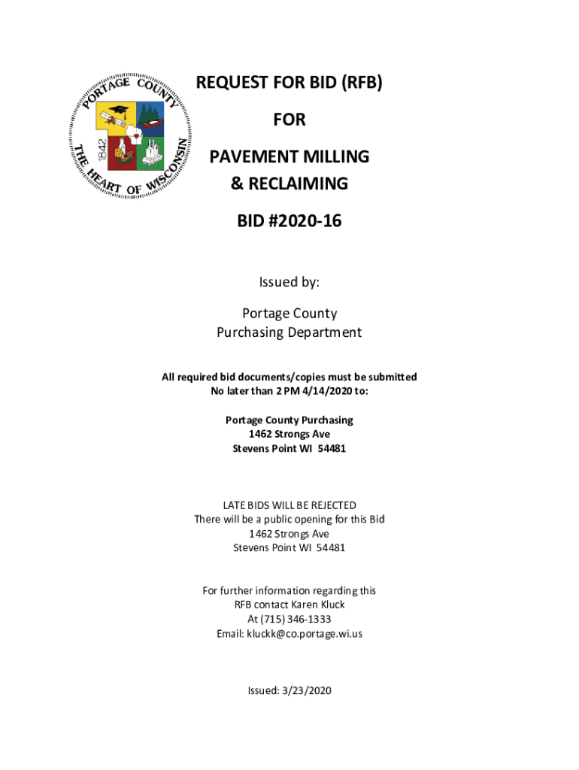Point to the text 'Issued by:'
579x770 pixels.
[x=289, y=282]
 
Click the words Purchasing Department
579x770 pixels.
[x=289, y=332]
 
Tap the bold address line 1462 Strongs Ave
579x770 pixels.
[x=289, y=434]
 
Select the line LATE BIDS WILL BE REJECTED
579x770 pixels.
[x=289, y=505]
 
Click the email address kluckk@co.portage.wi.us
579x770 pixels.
[x=305, y=633]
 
